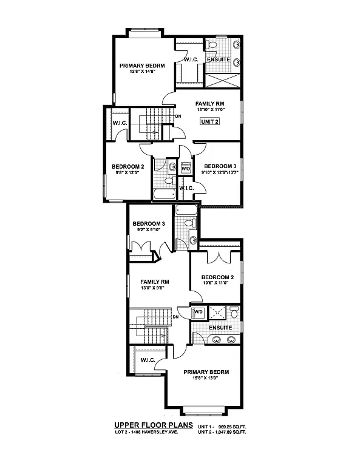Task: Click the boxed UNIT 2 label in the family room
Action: [209, 121]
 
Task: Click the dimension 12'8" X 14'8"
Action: [143, 72]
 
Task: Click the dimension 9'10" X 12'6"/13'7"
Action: [219, 173]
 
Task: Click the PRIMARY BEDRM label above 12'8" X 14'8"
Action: [143, 66]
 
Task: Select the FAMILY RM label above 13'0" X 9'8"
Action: [154, 282]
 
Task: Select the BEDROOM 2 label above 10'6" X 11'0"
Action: [216, 277]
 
